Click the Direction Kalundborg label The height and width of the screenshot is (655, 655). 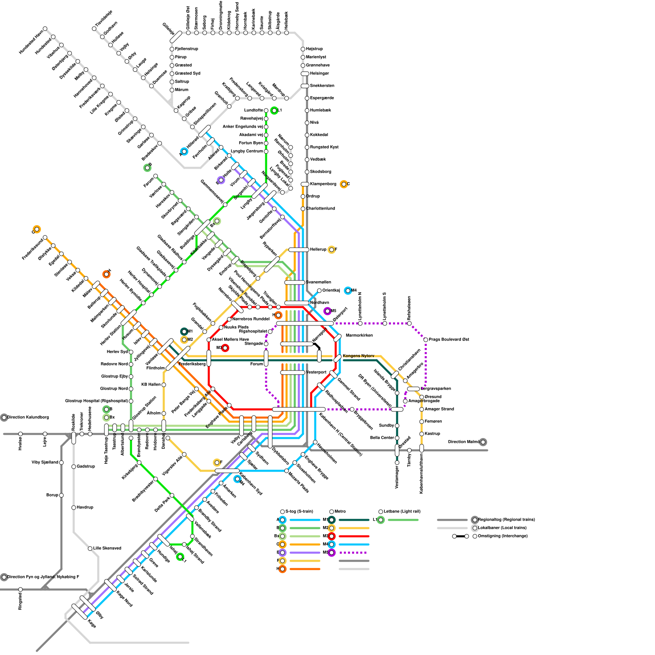coord(28,418)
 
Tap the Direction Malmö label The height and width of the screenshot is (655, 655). coord(463,442)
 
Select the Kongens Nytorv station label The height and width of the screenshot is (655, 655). coord(359,356)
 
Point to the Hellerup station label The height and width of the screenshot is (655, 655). coord(318,250)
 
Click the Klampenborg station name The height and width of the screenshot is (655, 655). coord(323,184)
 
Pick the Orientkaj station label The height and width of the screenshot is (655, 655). coord(331,291)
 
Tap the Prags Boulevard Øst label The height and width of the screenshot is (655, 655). coord(449,340)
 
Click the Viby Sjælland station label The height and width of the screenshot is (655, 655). coord(45,463)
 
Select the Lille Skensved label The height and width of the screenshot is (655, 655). coord(107,549)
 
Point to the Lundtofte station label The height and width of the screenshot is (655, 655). coord(253,111)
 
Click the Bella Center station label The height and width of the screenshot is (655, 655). coord(382,438)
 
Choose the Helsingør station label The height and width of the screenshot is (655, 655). coord(319,74)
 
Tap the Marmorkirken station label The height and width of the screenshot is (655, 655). coord(359,336)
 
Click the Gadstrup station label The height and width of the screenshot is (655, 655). coord(86,467)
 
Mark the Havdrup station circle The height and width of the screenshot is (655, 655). coord(74,508)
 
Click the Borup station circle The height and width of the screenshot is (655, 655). coord(61,495)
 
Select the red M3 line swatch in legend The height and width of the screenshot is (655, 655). coord(354,536)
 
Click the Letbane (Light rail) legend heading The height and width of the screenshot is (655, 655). coord(402,512)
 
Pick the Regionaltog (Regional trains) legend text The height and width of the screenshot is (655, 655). coord(506,520)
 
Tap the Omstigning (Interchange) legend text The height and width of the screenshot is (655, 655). coord(503,536)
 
